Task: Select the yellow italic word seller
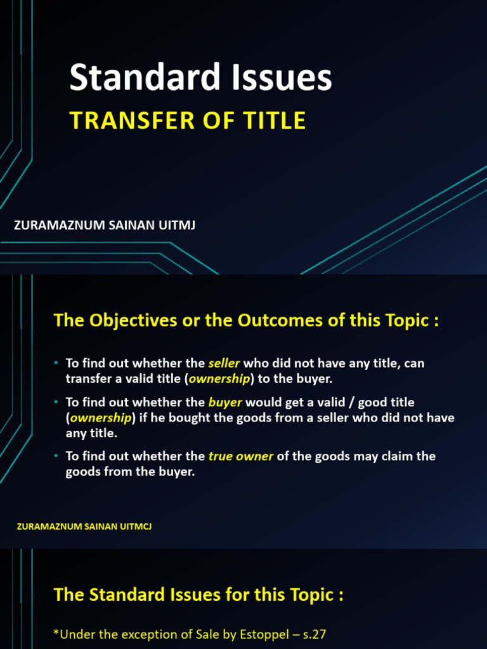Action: pyautogui.click(x=224, y=364)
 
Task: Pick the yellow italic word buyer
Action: pyautogui.click(x=225, y=402)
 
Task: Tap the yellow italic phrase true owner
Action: pyautogui.click(x=241, y=456)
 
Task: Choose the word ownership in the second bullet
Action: pyautogui.click(x=101, y=418)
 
